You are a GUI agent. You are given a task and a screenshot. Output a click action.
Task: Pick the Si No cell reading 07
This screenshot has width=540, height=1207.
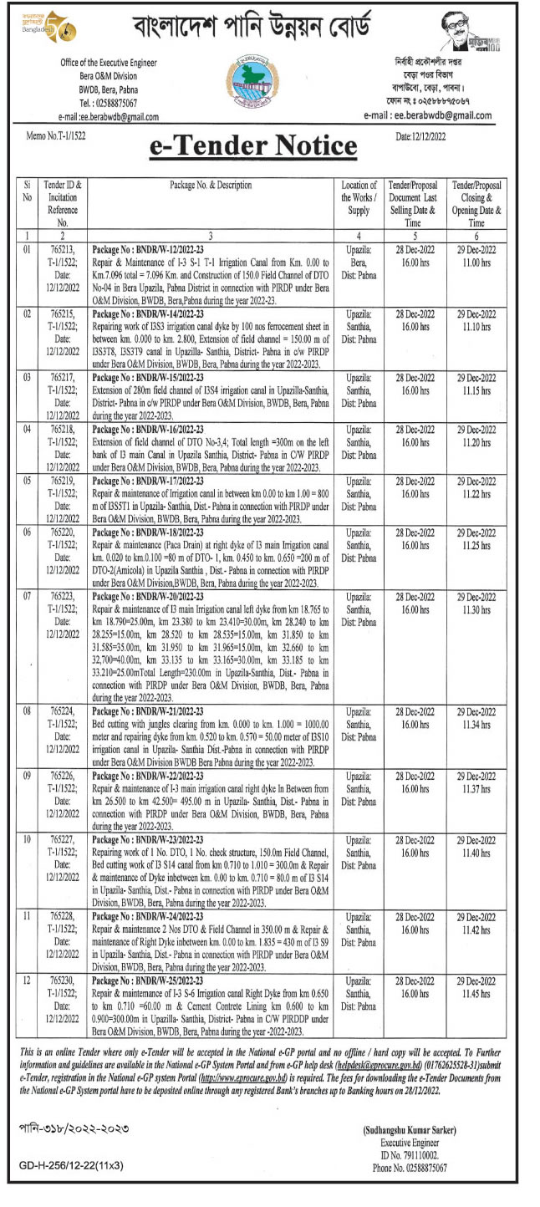pos(28,595)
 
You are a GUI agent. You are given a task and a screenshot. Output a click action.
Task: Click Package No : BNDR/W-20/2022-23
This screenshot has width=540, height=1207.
pos(144,595)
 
